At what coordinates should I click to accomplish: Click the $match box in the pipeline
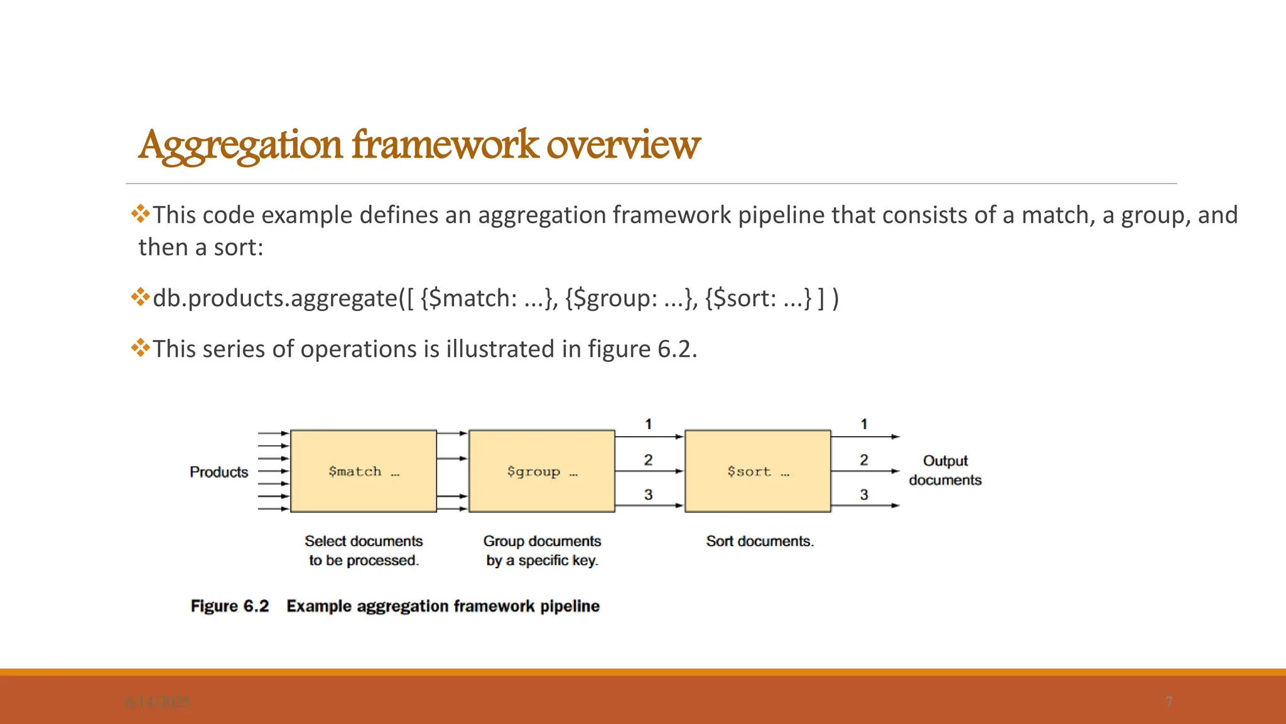click(364, 471)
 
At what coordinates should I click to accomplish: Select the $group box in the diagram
click(542, 471)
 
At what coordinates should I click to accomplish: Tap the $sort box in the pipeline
click(758, 471)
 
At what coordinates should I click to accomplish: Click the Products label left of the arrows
click(219, 472)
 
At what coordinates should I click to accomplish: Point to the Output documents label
click(945, 470)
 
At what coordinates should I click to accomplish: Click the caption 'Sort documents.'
click(760, 541)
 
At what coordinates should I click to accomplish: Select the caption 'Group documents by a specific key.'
click(542, 551)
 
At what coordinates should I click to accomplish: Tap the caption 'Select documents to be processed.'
click(364, 551)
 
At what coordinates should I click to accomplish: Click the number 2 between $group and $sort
click(648, 460)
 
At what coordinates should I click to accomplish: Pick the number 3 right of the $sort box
click(864, 495)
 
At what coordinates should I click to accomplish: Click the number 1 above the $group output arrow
click(648, 424)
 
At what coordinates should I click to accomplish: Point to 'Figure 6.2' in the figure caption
click(230, 606)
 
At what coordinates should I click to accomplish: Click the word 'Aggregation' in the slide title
click(240, 145)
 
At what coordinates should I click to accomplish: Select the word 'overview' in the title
click(623, 145)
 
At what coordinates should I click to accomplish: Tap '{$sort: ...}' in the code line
click(758, 299)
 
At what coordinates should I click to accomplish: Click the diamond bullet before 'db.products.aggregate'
click(140, 296)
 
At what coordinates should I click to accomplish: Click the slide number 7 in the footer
click(1169, 702)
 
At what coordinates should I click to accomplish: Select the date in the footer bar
click(158, 702)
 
